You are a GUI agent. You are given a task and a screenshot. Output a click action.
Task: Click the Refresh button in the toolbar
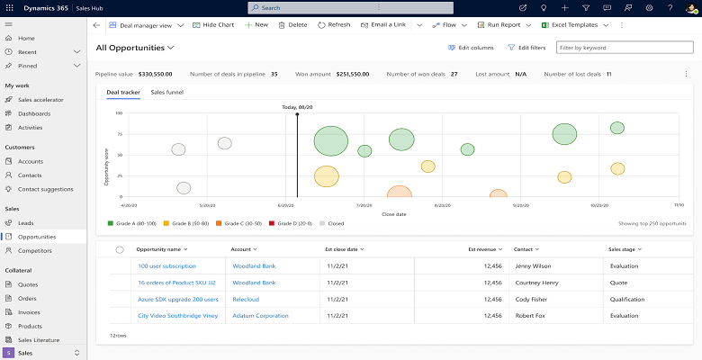[334, 24]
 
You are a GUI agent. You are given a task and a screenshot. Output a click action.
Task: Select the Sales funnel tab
[166, 92]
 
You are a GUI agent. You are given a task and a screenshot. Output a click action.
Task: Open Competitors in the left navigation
[34, 251]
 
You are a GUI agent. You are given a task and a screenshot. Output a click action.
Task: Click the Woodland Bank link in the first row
[254, 266]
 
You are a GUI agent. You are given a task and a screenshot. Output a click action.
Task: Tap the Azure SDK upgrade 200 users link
[178, 299]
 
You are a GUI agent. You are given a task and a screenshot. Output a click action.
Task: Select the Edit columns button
[471, 47]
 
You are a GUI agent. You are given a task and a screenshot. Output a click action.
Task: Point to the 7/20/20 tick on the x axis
[364, 205]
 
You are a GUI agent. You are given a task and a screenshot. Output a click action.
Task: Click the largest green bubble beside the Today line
[330, 140]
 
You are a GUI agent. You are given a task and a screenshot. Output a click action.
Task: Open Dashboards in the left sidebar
[34, 113]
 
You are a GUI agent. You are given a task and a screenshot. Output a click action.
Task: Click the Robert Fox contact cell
[529, 316]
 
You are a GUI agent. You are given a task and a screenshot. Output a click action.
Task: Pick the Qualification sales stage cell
[629, 299]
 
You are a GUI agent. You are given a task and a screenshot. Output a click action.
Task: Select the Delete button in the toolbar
[292, 24]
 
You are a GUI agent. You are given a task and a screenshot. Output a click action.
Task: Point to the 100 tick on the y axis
[119, 113]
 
